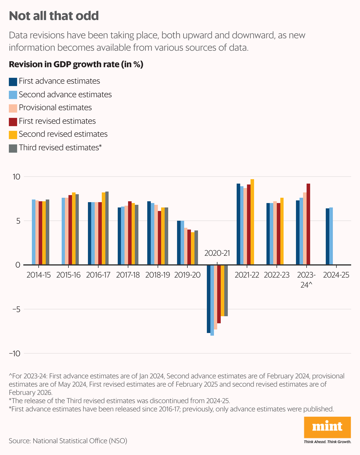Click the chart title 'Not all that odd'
[x=54, y=16]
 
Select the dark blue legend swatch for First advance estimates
[x=13, y=82]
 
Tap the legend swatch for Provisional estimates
[x=13, y=108]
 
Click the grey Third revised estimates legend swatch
[x=13, y=148]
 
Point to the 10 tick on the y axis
[x=16, y=177]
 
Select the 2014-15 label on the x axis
[x=39, y=275]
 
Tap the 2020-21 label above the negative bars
[x=217, y=253]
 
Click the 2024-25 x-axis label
[x=336, y=275]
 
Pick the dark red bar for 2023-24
[x=308, y=224]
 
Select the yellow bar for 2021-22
[x=252, y=222]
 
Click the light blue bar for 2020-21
[x=212, y=300]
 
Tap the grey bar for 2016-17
[x=107, y=228]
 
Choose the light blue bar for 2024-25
[x=331, y=236]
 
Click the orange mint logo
[x=327, y=427]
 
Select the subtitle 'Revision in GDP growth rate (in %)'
[x=76, y=64]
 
